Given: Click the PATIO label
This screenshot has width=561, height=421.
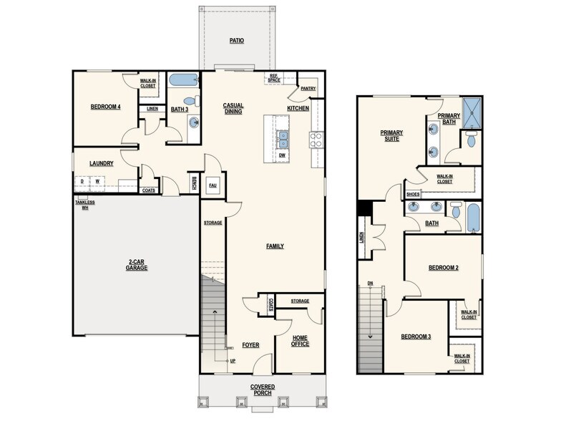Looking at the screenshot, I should point(236,41).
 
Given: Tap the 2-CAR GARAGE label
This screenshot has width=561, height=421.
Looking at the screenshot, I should point(136,264).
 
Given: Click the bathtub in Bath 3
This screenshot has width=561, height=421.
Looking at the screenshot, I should point(185,80).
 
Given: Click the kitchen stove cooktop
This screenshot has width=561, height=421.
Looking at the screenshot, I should point(316,138).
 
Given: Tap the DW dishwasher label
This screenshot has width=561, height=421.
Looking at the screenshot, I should point(283,155).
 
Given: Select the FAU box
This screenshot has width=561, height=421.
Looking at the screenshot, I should point(213,185).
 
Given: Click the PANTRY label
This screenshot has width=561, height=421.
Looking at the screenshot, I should point(308,89).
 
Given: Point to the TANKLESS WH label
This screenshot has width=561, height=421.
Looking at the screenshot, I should point(84,205).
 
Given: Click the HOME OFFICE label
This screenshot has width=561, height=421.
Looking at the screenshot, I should point(300,340).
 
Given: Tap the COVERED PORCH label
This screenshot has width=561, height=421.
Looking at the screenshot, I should point(263,390).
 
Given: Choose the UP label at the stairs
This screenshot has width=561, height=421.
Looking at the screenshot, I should point(233,360).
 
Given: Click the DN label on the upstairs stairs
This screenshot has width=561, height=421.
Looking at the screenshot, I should point(370,283).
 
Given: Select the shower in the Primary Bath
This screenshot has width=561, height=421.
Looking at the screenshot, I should point(472,110).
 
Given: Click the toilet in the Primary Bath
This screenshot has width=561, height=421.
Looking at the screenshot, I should point(469,140).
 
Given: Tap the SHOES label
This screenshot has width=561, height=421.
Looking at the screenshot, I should point(412,194).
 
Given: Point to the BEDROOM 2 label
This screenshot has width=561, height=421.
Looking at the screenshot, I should point(443,268).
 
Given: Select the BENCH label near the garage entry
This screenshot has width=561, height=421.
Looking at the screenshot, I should point(195,184).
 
